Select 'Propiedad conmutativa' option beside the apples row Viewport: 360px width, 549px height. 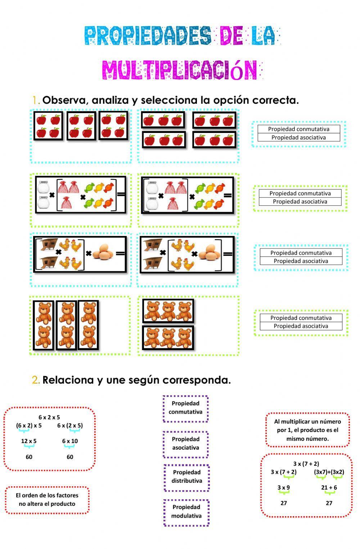click(x=298, y=129)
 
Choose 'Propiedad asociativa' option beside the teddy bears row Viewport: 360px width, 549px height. click(x=301, y=326)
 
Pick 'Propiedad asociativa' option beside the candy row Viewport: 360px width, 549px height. click(x=300, y=201)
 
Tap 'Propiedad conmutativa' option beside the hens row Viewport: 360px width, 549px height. click(x=301, y=253)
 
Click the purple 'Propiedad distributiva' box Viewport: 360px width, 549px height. click(x=186, y=476)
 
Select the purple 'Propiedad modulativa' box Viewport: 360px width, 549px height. click(x=186, y=511)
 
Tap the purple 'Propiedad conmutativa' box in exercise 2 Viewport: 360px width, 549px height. click(x=185, y=407)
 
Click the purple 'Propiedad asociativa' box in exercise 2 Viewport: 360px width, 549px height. click(x=185, y=443)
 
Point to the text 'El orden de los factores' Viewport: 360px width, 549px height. click(x=47, y=495)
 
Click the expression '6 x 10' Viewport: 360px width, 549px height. click(x=70, y=441)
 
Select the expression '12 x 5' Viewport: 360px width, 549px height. click(x=29, y=441)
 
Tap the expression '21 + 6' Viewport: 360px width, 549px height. click(x=329, y=487)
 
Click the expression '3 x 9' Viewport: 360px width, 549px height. click(x=283, y=487)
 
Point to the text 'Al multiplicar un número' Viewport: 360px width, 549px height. click(x=307, y=421)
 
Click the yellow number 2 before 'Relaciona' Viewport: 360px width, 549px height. click(x=35, y=380)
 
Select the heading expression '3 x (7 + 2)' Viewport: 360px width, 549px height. click(x=306, y=464)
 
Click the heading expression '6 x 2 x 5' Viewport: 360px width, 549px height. click(x=49, y=417)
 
